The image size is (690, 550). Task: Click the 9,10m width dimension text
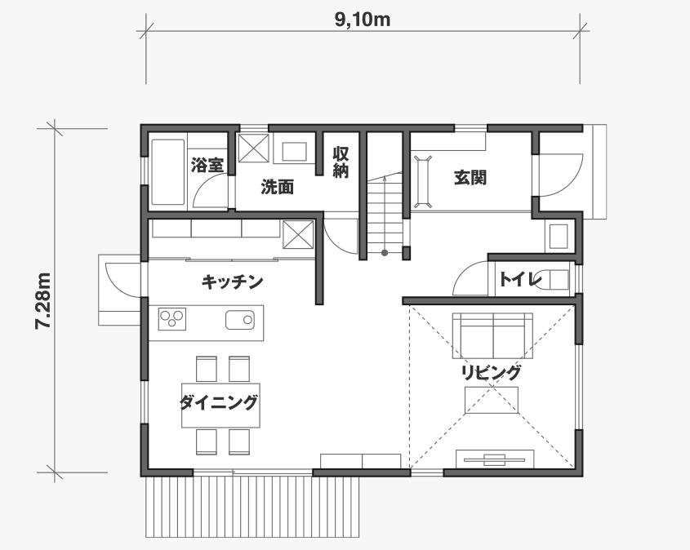tap(363, 20)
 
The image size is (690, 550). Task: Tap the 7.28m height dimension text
tap(43, 301)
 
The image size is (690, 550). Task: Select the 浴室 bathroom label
tap(207, 166)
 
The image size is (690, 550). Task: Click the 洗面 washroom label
tap(278, 188)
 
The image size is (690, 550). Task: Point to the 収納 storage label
tap(341, 162)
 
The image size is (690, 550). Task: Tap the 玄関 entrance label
tap(470, 177)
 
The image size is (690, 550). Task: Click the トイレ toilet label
tap(520, 279)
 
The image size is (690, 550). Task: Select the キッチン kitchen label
tap(233, 282)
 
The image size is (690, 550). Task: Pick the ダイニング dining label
tap(219, 402)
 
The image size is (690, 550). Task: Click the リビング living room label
tap(491, 372)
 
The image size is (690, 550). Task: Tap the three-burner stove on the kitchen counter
tap(172, 319)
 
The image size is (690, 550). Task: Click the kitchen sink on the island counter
tap(240, 320)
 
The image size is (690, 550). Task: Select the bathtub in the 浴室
tap(167, 172)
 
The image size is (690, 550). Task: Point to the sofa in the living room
tap(492, 336)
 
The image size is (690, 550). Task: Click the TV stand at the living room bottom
tap(495, 459)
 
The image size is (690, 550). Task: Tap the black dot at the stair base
tap(385, 253)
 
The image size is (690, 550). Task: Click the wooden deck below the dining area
tap(252, 507)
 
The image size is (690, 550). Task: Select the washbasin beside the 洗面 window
tap(294, 151)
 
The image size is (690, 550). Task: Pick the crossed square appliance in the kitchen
tap(298, 235)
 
